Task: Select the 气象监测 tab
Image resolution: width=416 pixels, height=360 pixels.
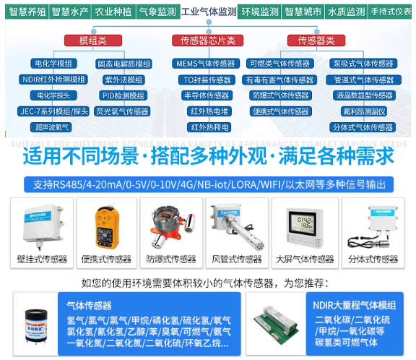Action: click(157, 12)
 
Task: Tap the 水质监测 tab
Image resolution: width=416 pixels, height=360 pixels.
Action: click(346, 12)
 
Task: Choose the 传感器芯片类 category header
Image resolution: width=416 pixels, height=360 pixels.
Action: click(208, 40)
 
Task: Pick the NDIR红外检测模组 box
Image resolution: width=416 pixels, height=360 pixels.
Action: click(53, 80)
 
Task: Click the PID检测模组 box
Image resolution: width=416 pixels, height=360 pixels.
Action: click(123, 95)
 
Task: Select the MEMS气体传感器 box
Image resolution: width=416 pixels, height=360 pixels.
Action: click(207, 64)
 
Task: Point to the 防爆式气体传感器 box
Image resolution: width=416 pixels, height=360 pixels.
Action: click(280, 95)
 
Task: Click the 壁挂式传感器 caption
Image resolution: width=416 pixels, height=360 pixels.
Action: click(42, 259)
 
